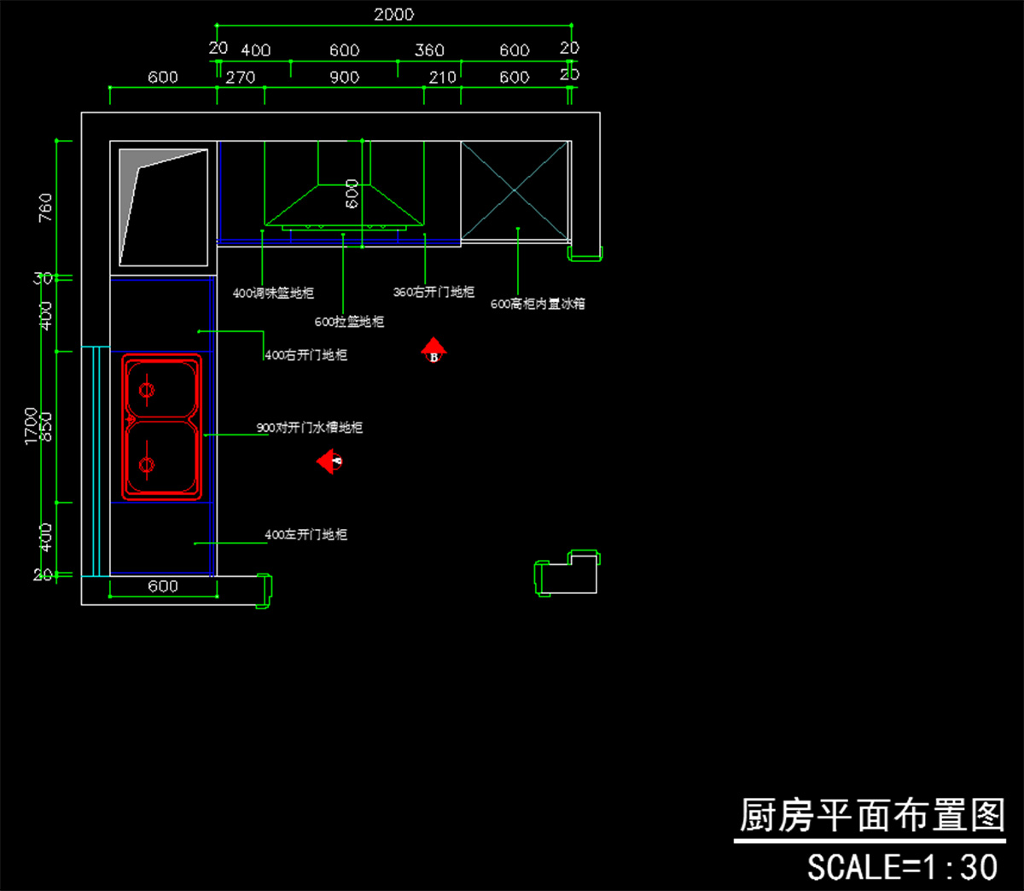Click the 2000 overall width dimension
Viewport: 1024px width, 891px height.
point(393,15)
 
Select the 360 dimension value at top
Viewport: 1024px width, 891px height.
point(429,50)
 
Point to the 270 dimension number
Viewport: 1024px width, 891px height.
point(241,77)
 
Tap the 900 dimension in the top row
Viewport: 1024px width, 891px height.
point(344,77)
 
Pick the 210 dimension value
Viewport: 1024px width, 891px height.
point(442,77)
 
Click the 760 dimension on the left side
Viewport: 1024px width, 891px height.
point(45,207)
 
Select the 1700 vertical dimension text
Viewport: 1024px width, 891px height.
point(32,425)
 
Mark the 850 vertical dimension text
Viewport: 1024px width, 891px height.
point(46,427)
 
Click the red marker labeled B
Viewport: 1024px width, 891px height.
point(433,351)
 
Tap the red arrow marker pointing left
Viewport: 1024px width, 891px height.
point(329,462)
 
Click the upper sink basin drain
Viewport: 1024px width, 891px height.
point(147,390)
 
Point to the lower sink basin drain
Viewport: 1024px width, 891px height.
point(147,465)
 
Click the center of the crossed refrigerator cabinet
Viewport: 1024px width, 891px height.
point(515,191)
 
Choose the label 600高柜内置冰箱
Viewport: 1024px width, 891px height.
point(538,304)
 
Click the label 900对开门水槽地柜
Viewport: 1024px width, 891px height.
point(310,428)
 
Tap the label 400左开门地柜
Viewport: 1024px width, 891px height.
point(305,535)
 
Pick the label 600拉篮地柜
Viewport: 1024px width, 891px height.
point(349,322)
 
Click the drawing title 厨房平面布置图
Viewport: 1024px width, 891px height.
point(871,816)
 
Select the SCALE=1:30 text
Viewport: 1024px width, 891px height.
point(902,867)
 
